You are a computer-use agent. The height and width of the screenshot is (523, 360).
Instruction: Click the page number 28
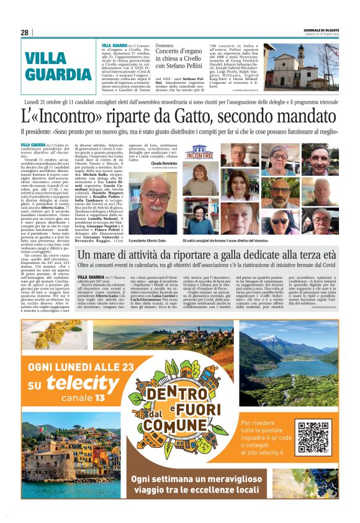coord(24,32)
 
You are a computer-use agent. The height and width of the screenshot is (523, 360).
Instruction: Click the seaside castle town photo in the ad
coord(62,449)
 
